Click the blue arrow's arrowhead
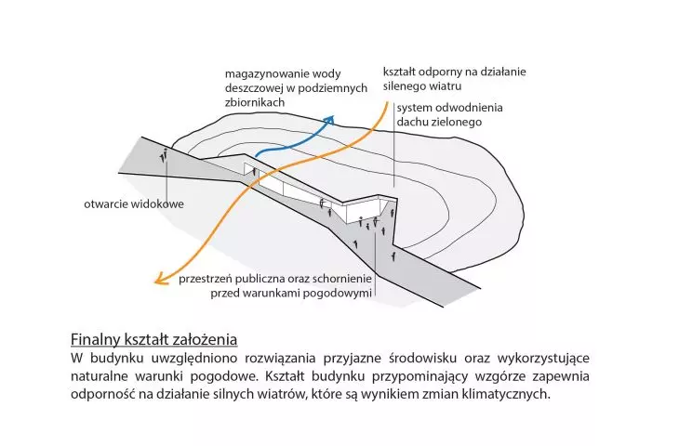click(x=330, y=120)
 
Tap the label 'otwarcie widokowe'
click(x=134, y=203)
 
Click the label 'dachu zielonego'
click(x=439, y=122)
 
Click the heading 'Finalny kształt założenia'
click(x=153, y=339)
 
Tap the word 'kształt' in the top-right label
click(x=401, y=72)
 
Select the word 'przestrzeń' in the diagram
click(x=205, y=279)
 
